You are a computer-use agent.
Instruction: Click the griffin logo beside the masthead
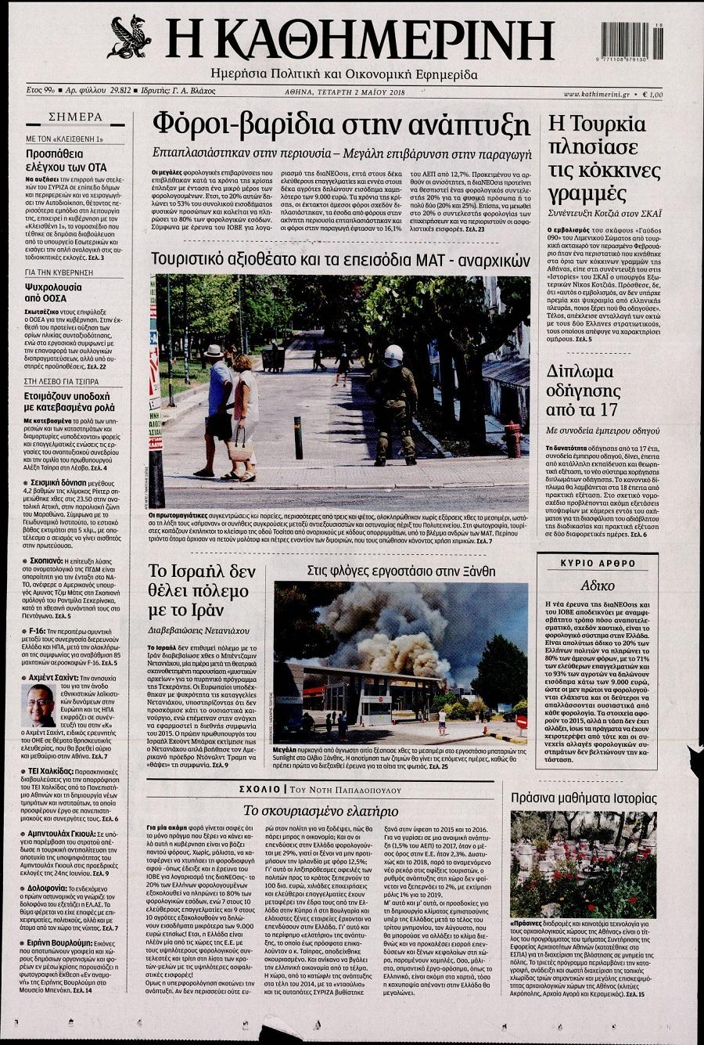click(130, 37)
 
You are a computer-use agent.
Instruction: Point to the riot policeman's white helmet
click(393, 354)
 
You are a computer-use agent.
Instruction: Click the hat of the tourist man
click(214, 351)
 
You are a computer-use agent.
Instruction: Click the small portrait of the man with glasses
click(38, 705)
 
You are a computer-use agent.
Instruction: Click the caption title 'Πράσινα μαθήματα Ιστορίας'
click(584, 798)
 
